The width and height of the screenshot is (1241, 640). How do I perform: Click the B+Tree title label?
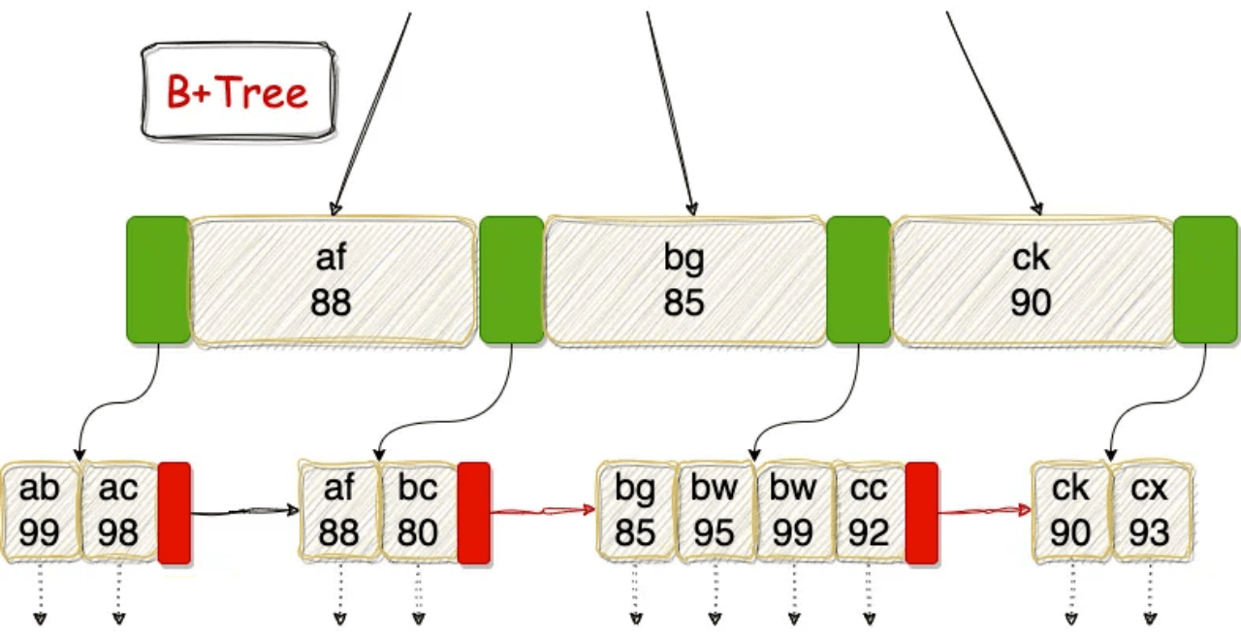[x=239, y=93]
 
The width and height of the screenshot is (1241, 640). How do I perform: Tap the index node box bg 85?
[x=684, y=281]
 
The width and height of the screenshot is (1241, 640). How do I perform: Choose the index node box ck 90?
[x=1032, y=281]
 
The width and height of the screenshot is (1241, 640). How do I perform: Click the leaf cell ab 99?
[x=41, y=511]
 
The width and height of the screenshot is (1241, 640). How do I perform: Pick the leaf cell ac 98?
[x=118, y=511]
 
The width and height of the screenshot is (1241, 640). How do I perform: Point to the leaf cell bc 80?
[x=418, y=511]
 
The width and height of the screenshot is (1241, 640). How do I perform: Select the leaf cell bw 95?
[x=715, y=511]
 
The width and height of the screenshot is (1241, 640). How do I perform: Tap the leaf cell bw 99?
[x=793, y=511]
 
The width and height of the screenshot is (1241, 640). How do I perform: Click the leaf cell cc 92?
[x=868, y=511]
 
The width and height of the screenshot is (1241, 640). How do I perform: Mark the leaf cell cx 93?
[x=1150, y=511]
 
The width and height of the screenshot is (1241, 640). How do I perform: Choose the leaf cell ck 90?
[x=1071, y=511]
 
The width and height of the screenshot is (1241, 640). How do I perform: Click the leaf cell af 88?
[x=339, y=511]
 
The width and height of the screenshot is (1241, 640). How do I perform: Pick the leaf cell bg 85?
[x=636, y=511]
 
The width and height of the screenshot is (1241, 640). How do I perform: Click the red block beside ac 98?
[x=175, y=513]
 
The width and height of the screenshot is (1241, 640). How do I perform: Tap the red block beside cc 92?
[x=922, y=513]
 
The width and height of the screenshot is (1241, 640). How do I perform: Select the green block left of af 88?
[x=158, y=280]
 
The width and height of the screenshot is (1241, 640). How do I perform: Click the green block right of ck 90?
[x=1205, y=280]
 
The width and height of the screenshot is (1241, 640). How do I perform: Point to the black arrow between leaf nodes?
[x=245, y=510]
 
